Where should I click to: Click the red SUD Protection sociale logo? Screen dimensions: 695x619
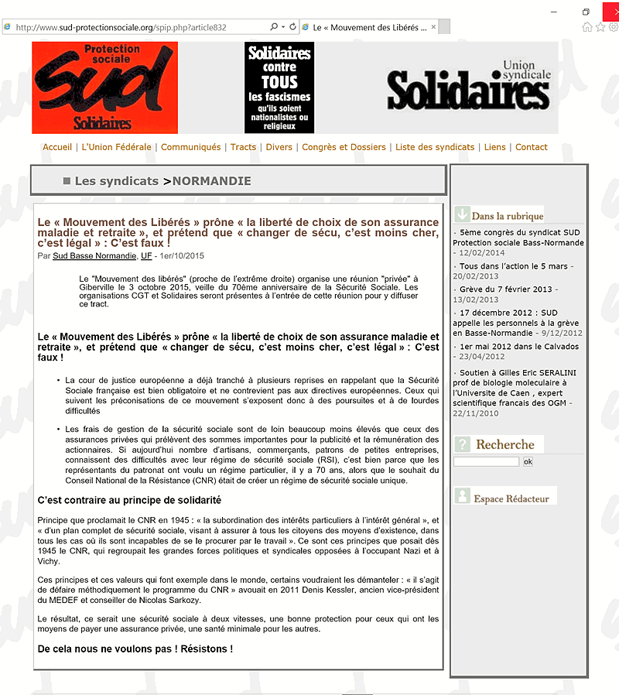point(104,87)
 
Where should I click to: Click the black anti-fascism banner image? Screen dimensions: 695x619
point(279,87)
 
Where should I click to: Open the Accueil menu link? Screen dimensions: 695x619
point(57,147)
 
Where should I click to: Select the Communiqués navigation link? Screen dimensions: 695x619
point(190,147)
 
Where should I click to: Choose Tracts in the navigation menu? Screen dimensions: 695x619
point(243,147)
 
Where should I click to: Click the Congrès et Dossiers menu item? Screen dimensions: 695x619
point(344,147)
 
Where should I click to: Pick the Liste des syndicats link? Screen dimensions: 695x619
point(435,147)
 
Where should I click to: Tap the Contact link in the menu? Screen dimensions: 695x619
point(531,147)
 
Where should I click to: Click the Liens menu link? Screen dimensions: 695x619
point(494,147)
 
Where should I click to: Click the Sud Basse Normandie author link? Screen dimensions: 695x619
point(94,255)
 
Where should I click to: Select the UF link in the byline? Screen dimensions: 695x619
point(146,255)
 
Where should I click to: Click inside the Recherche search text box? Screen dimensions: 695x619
point(486,462)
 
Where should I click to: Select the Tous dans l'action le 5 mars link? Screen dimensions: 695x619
point(514,266)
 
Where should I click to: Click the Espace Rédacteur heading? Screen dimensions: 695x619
point(511,498)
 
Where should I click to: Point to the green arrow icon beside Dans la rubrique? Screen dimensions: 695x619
point(462,214)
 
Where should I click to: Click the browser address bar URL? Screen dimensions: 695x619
point(121,27)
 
